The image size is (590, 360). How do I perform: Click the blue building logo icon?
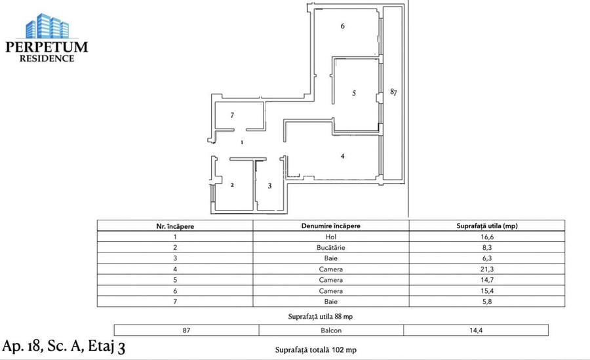pyautogui.click(x=47, y=26)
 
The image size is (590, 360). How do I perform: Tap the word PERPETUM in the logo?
pyautogui.click(x=46, y=47)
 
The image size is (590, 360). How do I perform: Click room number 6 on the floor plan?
pyautogui.click(x=342, y=26)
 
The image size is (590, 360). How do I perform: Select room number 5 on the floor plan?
pyautogui.click(x=353, y=93)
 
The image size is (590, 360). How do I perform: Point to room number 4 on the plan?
pyautogui.click(x=342, y=156)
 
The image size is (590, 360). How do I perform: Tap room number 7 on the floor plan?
pyautogui.click(x=232, y=115)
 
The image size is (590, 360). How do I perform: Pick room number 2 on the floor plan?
pyautogui.click(x=232, y=185)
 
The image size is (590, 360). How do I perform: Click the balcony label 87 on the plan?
pyautogui.click(x=393, y=92)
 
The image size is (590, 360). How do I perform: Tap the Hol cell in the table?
pyautogui.click(x=330, y=237)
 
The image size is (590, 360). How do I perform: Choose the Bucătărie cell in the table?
pyautogui.click(x=330, y=249)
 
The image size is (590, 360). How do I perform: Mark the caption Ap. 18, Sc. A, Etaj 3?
pyautogui.click(x=64, y=346)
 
